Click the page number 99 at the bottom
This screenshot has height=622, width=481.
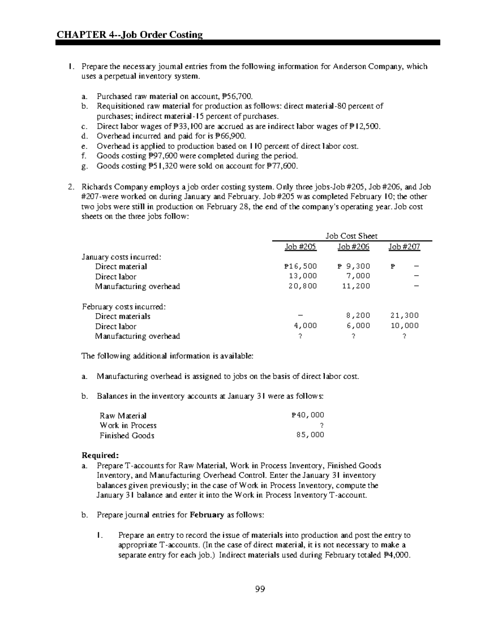(x=260, y=589)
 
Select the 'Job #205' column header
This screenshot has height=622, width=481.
(x=300, y=247)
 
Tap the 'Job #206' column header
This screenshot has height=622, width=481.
(x=353, y=247)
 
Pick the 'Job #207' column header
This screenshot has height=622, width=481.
(x=404, y=247)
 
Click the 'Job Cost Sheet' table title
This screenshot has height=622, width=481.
(x=351, y=236)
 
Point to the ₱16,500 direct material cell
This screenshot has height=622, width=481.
(x=300, y=266)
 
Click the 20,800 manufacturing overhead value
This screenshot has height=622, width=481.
(x=303, y=286)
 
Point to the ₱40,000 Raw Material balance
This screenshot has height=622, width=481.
(x=307, y=415)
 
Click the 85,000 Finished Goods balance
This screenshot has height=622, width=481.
(x=310, y=435)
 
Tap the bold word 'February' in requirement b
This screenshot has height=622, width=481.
(x=206, y=515)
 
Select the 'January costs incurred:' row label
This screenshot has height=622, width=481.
(x=121, y=257)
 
